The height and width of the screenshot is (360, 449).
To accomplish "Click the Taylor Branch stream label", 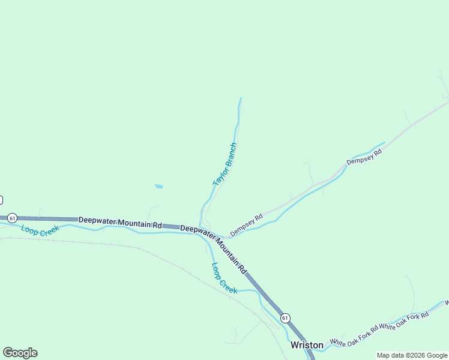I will (x=225, y=164).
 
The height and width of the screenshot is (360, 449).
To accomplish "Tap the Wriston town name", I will (x=307, y=345).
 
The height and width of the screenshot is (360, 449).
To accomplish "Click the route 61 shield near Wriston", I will (x=285, y=317).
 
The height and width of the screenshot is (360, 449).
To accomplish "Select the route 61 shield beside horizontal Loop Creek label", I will (x=13, y=217).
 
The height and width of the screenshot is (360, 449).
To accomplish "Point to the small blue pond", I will (x=158, y=187).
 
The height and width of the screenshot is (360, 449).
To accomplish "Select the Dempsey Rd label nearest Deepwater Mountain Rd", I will (x=247, y=225).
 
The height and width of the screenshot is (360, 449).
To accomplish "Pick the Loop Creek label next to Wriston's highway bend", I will (x=224, y=278).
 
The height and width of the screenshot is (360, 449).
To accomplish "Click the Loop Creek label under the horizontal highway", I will (x=40, y=229).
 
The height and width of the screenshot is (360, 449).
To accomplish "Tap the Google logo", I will (x=20, y=353).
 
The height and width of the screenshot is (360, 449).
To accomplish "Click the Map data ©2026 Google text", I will (x=412, y=355).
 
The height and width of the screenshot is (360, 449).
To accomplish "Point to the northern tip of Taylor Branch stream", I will (x=241, y=98).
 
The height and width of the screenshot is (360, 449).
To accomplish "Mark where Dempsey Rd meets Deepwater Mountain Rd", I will (x=226, y=236).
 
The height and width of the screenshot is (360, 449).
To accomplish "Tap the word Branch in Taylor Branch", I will (x=230, y=155).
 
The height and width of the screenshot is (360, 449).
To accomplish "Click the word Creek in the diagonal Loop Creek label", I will (x=229, y=284).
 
